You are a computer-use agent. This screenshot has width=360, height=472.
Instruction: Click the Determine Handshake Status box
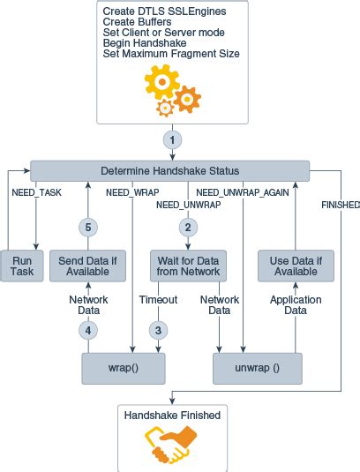tap(170, 170)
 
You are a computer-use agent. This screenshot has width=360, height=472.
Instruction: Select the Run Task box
tap(22, 266)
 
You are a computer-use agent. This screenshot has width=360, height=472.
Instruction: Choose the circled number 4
tap(87, 331)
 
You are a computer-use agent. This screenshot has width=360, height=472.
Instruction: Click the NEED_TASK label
tap(36, 191)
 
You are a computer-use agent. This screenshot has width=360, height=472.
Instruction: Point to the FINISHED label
tap(341, 205)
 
